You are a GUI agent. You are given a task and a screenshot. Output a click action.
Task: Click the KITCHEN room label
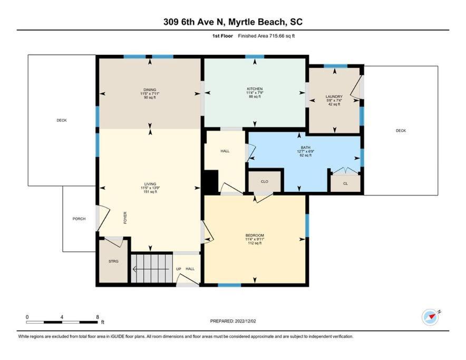point(255,89)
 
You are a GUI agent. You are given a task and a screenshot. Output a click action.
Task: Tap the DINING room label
point(150,90)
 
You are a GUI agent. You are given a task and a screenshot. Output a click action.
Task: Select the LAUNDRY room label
point(334,96)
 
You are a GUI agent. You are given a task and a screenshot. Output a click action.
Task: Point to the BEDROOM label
point(255,236)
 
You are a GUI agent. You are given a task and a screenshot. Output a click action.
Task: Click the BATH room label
point(306,148)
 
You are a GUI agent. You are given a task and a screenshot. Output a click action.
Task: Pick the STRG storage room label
point(113,261)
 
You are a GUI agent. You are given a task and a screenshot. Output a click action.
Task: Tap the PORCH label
point(79,219)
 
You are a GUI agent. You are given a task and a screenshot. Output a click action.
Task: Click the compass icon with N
point(431,317)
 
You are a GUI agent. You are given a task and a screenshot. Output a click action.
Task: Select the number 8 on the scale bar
point(98,317)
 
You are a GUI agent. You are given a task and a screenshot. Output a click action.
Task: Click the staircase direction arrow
point(151,269)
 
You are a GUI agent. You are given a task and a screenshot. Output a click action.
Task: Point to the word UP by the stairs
point(179,269)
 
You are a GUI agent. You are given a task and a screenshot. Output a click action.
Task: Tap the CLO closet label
point(265,182)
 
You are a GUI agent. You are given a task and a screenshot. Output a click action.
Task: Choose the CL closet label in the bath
point(345,184)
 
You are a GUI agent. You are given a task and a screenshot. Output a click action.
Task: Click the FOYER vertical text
point(125,218)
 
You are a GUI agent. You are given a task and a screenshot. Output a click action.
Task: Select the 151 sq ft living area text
point(150,192)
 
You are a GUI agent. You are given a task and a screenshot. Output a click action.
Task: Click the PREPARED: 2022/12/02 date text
point(233,321)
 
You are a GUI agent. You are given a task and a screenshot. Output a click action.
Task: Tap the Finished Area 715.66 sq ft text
point(266,36)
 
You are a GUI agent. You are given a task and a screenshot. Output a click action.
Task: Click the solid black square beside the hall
point(210,182)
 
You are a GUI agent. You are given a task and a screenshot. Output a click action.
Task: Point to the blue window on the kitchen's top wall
point(255,57)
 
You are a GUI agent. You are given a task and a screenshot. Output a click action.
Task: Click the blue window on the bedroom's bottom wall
point(229,285)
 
